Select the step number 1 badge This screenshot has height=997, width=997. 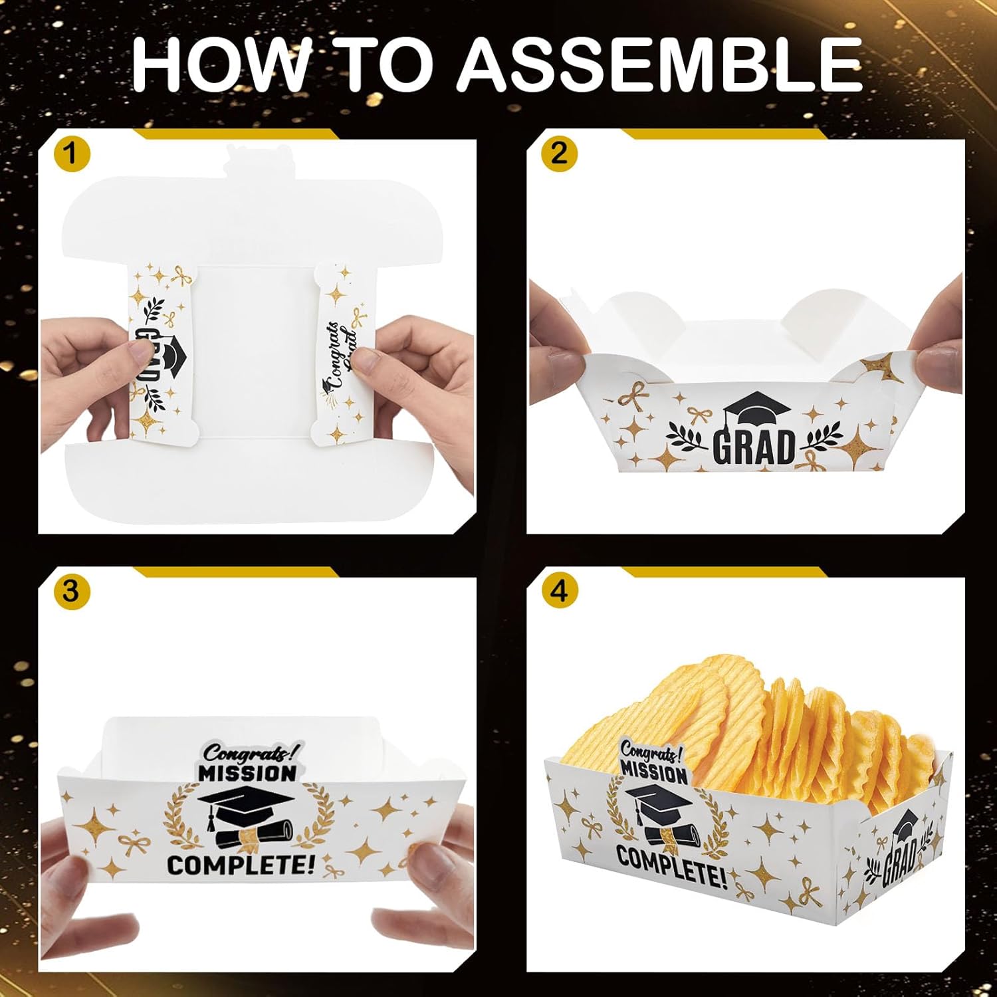(71, 154)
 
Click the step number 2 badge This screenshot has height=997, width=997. (559, 154)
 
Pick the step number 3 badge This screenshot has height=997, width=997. (71, 591)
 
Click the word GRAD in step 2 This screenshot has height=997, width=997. (754, 447)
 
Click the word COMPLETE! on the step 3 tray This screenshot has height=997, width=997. (241, 865)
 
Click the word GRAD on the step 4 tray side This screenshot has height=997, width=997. (900, 862)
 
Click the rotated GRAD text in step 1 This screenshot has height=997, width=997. (148, 356)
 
